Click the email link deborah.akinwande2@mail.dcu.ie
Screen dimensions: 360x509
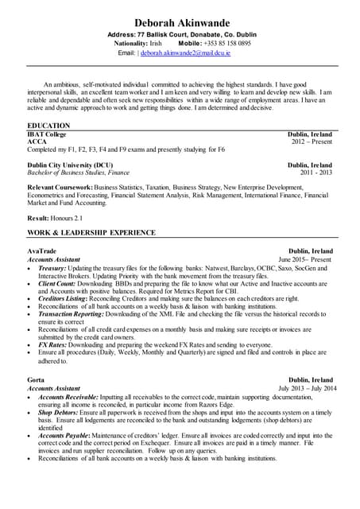[185, 52]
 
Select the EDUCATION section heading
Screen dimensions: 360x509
[48, 126]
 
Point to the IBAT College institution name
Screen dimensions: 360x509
[47, 134]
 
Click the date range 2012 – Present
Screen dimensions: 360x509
[312, 142]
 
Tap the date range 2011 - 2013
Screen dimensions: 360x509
[315, 173]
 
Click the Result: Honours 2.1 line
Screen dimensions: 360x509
[55, 217]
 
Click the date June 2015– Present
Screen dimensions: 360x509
[305, 259]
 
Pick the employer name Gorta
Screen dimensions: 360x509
[37, 380]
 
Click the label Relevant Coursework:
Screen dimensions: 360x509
[60, 186]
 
